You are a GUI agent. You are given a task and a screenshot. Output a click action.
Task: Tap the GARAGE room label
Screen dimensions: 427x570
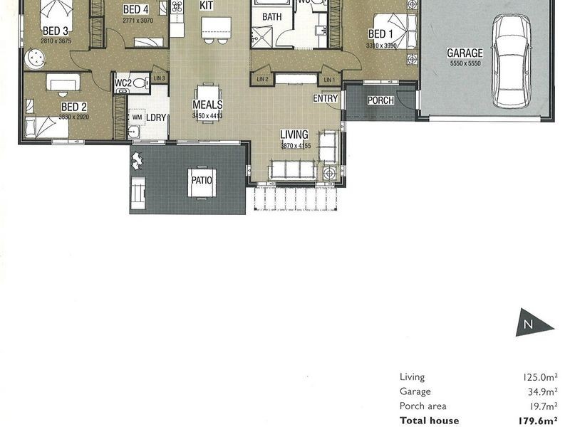(x=465, y=53)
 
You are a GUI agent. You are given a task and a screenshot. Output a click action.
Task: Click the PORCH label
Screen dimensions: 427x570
(x=380, y=100)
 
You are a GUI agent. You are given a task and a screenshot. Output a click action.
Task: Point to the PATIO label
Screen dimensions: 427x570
(x=202, y=180)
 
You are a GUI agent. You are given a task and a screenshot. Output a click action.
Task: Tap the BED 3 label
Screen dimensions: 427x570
(x=55, y=31)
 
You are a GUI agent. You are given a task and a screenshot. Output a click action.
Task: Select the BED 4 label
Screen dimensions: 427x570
(x=135, y=10)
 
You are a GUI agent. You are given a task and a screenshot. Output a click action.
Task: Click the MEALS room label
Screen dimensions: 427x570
(x=207, y=105)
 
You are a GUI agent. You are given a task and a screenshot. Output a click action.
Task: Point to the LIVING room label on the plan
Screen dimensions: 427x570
(x=294, y=135)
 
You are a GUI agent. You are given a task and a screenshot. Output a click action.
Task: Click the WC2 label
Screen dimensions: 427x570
(x=123, y=83)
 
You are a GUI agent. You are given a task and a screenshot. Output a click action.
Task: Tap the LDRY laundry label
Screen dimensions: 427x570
(x=156, y=117)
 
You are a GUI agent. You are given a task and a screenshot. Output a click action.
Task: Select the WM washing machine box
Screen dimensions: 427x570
(x=135, y=117)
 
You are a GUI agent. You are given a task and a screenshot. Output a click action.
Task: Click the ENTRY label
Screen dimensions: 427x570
(x=325, y=99)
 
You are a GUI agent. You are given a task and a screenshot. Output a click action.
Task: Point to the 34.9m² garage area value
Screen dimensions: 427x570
(x=541, y=391)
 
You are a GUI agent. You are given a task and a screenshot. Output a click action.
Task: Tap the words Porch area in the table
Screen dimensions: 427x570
(x=423, y=406)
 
